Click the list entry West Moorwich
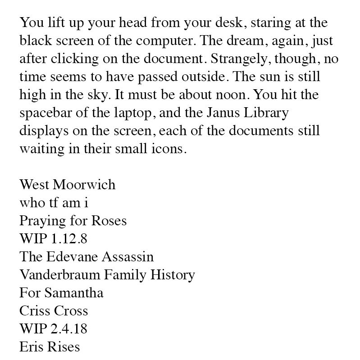pos(67,185)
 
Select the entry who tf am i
pos(54,203)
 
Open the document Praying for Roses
pos(73,221)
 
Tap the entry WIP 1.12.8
pos(53,239)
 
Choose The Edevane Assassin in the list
pos(87,257)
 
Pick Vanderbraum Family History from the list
pos(107,275)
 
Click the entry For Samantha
pos(61,293)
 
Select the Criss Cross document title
pos(54,311)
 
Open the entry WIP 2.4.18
pos(53,329)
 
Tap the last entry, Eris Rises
pos(50,347)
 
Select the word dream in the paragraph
pos(244,41)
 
